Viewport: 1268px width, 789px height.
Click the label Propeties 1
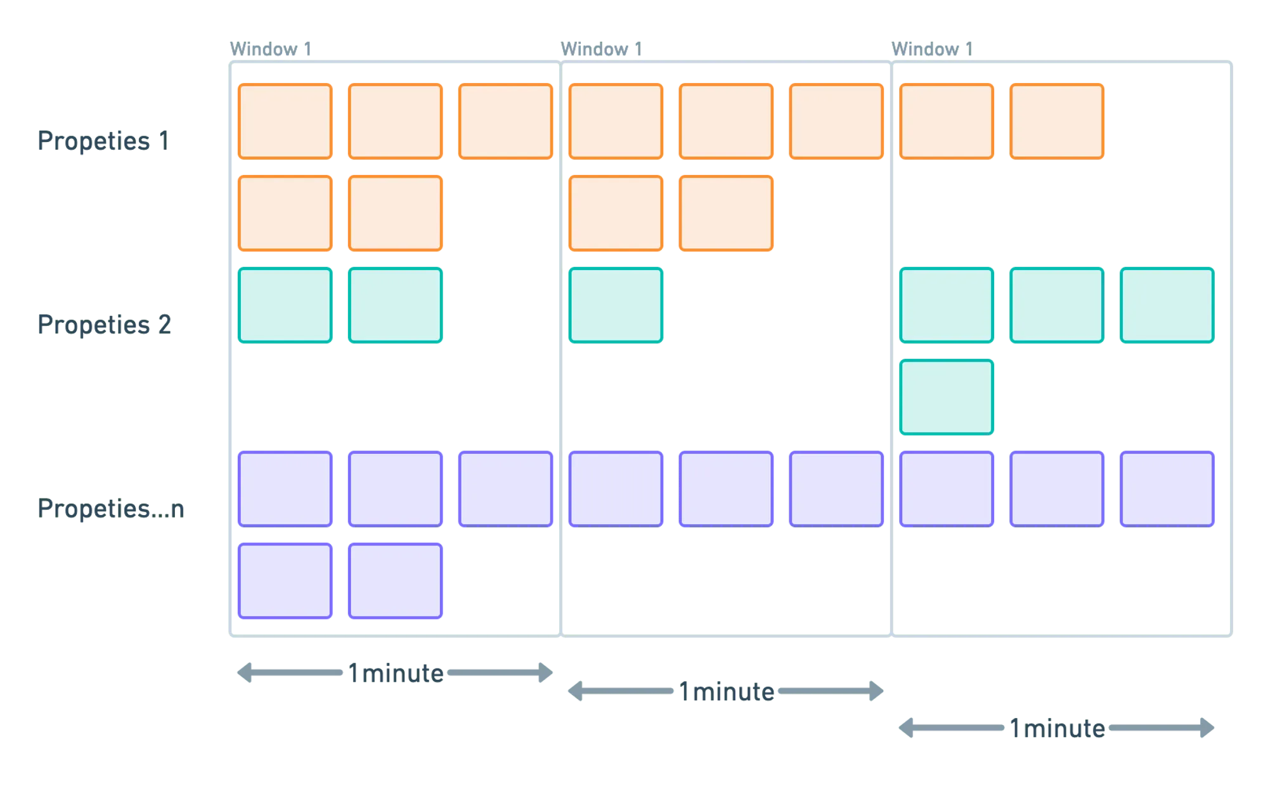[102, 140]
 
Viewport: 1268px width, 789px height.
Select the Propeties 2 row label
[104, 324]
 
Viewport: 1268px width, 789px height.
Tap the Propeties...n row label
[112, 508]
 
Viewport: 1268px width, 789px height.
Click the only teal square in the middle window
[616, 305]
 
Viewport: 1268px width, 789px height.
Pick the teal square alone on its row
[946, 397]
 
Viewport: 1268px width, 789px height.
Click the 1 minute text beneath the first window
[396, 673]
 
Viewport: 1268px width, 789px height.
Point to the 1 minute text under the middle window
[727, 692]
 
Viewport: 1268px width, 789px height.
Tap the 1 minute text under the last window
[1057, 728]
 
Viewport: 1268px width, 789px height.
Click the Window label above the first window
[271, 49]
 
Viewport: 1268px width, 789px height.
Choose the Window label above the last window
[931, 49]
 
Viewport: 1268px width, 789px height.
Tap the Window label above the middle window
[602, 49]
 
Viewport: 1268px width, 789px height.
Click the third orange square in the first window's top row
[505, 121]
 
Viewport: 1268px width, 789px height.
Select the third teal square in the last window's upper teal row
[1167, 305]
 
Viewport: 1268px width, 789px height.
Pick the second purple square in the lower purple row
[395, 580]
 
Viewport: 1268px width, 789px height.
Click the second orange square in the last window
[1056, 121]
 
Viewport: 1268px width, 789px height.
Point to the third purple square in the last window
[1167, 488]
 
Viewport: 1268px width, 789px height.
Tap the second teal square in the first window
[395, 305]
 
